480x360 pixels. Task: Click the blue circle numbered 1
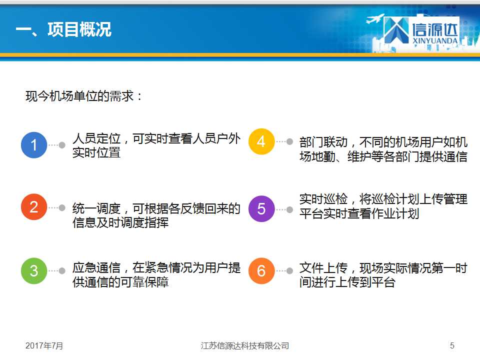(x=34, y=145)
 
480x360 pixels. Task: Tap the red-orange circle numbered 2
(x=34, y=207)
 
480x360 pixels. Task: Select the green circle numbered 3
(x=34, y=271)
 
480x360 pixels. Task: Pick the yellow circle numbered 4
(x=261, y=141)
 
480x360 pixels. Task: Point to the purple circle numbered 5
(x=261, y=209)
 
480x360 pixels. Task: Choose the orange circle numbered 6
(x=261, y=271)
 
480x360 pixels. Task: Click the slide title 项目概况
(x=79, y=29)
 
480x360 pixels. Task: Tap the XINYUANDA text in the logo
(x=434, y=40)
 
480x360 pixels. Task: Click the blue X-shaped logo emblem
(x=396, y=30)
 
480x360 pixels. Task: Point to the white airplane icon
(x=375, y=18)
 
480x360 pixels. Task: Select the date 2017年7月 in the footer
(x=44, y=345)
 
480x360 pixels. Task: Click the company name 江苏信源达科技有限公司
(x=245, y=345)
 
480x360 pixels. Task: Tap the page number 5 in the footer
(x=452, y=345)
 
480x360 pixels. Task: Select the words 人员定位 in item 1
(x=96, y=138)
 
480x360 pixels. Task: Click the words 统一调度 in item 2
(x=96, y=208)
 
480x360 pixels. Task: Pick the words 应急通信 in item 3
(x=96, y=267)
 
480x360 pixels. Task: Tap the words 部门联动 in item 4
(x=323, y=142)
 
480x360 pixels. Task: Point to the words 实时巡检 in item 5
(x=323, y=199)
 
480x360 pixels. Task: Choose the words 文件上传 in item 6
(x=323, y=268)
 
